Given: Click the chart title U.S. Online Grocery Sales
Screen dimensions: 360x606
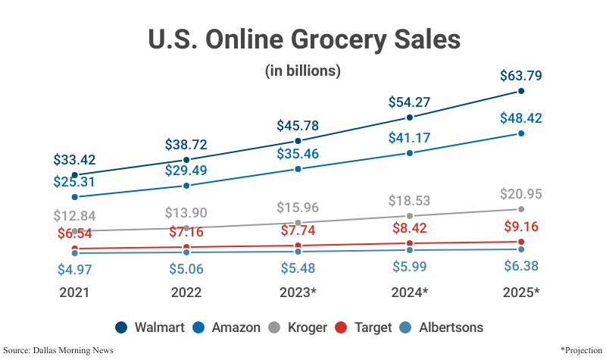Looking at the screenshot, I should point(303,40).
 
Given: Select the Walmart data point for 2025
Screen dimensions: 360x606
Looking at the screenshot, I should point(521,91).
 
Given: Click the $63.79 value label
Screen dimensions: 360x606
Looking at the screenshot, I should point(521,76).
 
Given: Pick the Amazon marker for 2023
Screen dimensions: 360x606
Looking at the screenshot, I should point(298,169).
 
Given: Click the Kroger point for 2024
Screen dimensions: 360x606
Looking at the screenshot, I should point(410,216).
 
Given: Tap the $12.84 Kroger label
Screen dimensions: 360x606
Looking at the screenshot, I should point(74,216).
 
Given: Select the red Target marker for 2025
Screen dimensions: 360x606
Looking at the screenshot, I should point(521,242).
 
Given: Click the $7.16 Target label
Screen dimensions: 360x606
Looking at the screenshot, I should point(186,232).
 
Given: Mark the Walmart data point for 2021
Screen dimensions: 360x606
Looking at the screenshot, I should point(74,174).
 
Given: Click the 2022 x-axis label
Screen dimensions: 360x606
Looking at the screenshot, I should point(186,293).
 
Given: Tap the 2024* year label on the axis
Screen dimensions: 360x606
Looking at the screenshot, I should point(410,293).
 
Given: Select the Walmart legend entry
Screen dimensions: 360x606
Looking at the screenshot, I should point(151,327).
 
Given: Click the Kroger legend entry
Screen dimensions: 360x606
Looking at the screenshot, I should point(296,327).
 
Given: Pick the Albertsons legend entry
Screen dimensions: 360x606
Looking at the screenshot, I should point(441,327).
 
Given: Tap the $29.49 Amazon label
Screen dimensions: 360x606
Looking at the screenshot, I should point(186,171).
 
